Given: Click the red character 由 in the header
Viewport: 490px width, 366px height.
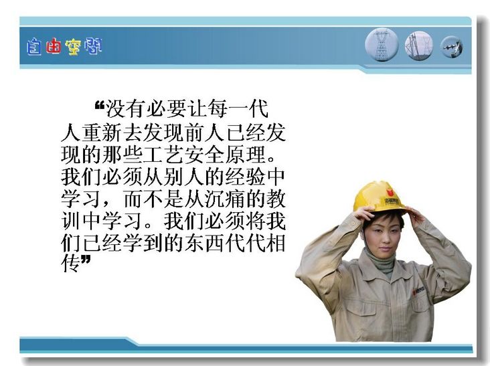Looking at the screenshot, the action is click(53, 47).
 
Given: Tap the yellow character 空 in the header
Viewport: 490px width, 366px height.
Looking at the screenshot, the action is click(73, 47).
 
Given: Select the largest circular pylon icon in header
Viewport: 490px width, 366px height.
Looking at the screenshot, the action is click(382, 44).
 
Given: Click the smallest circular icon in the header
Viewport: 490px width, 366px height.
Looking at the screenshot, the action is click(452, 47).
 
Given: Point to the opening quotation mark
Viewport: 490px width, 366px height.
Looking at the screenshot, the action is click(99, 105).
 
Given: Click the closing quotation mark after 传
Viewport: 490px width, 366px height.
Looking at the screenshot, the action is click(86, 259).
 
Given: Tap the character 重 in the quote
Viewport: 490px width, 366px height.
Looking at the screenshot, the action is click(92, 132).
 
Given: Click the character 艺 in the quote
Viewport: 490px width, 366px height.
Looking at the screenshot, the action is click(174, 155).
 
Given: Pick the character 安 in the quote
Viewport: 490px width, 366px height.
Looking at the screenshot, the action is click(194, 155).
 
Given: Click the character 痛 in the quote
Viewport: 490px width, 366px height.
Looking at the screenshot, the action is click(235, 199).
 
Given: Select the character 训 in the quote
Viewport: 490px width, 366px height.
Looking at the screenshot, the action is click(71, 221).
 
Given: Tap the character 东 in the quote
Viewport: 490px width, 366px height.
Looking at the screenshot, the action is click(194, 244).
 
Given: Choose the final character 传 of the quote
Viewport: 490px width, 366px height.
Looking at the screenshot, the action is click(71, 264).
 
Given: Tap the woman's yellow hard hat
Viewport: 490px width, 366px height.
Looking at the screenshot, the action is click(379, 197).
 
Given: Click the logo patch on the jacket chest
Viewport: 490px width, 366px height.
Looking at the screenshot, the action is click(418, 291).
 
